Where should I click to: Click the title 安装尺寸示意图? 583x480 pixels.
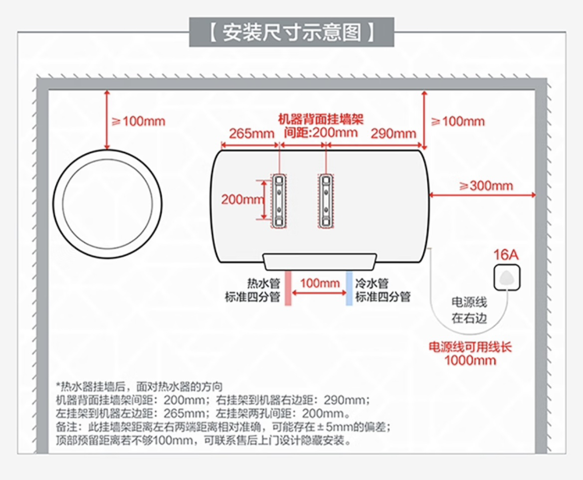(291, 32)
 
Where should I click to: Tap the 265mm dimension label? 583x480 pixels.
(251, 134)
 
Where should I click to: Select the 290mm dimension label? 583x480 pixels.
(393, 134)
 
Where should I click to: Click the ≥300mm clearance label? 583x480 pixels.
(486, 186)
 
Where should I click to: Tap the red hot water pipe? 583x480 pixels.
(288, 288)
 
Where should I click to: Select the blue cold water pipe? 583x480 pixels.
(349, 288)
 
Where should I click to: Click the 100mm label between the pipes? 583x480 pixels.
(320, 283)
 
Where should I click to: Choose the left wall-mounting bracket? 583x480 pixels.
(279, 200)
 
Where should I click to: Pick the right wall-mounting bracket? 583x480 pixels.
(326, 200)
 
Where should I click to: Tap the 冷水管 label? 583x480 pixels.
(372, 284)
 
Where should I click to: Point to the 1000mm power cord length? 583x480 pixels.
(470, 360)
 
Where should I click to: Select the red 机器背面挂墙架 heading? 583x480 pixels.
(321, 119)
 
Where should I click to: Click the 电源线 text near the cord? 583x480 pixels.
(469, 303)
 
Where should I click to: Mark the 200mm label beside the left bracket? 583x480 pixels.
(241, 199)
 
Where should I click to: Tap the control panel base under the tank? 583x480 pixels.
(319, 262)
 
